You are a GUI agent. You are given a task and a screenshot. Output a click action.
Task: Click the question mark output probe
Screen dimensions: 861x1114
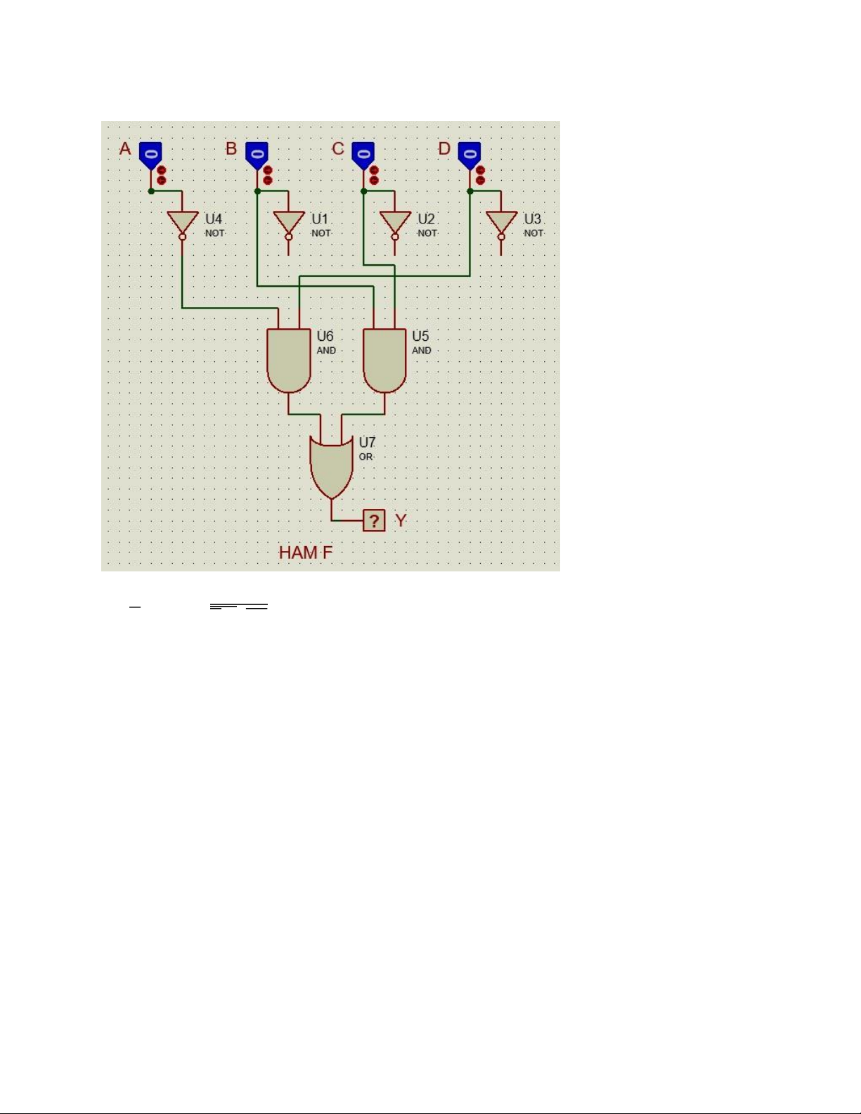pyautogui.click(x=374, y=520)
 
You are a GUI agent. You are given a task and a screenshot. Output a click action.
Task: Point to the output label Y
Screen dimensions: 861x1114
pyautogui.click(x=401, y=520)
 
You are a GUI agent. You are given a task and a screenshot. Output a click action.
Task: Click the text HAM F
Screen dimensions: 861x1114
pyautogui.click(x=306, y=552)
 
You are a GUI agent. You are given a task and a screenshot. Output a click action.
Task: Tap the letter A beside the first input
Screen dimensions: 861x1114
pyautogui.click(x=125, y=149)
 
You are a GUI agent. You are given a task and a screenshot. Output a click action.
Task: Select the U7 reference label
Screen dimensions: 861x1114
pyautogui.click(x=367, y=442)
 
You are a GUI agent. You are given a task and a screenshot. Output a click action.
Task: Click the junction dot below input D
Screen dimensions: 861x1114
pyautogui.click(x=470, y=191)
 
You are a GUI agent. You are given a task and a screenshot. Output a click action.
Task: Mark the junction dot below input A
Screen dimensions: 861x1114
pyautogui.click(x=151, y=191)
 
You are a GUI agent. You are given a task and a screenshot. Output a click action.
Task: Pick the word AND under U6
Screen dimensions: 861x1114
pyautogui.click(x=326, y=351)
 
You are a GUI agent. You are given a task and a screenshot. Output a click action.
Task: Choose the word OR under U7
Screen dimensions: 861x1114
pyautogui.click(x=365, y=457)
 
